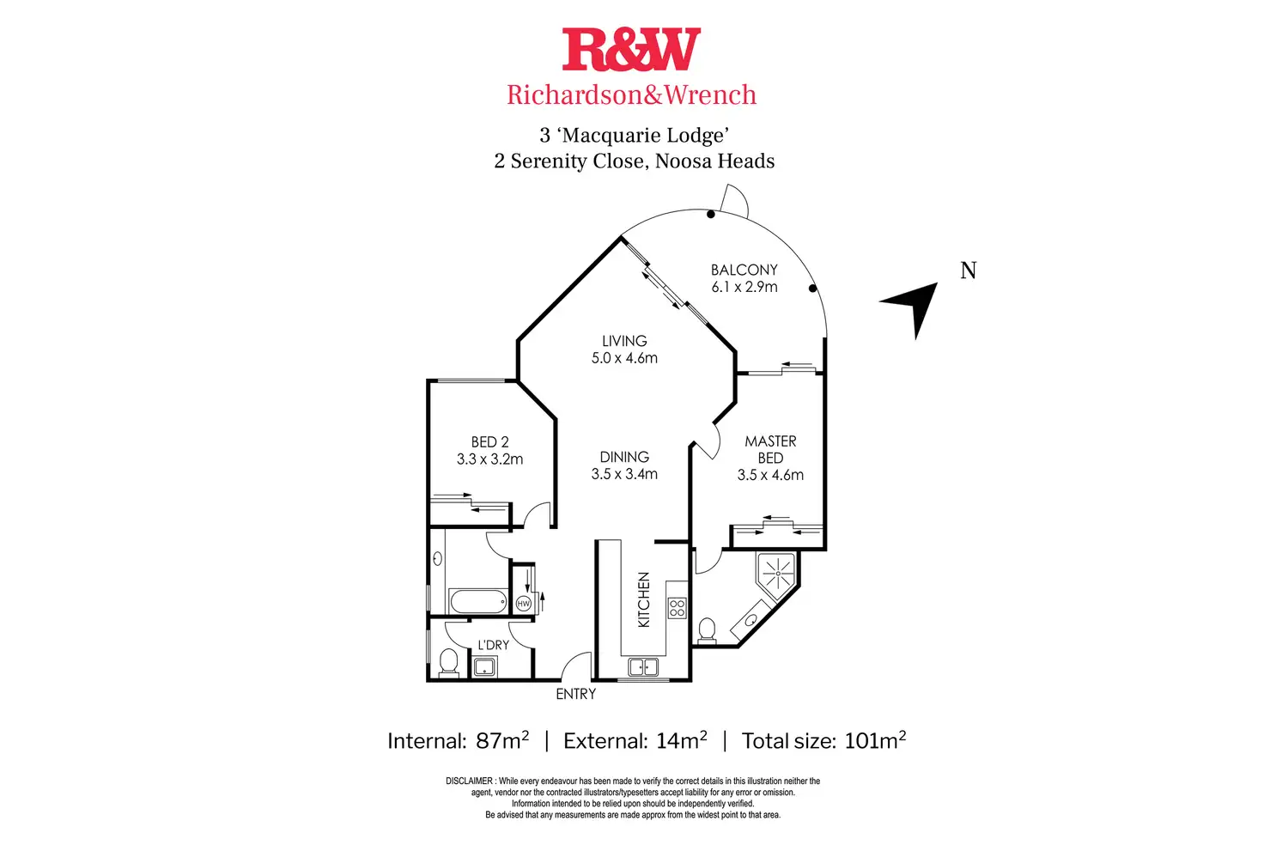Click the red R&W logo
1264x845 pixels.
[631, 50]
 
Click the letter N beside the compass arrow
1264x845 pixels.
[968, 271]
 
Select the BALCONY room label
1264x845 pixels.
[744, 270]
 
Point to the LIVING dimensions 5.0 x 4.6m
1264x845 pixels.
[624, 358]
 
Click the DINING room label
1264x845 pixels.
[624, 457]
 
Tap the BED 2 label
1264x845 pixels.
[489, 441]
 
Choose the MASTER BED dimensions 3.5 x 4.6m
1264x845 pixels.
[770, 475]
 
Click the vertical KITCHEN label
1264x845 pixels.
[644, 599]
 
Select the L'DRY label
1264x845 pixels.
[493, 645]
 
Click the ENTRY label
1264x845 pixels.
[575, 694]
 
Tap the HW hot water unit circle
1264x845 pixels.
[523, 604]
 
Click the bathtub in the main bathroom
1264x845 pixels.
[478, 602]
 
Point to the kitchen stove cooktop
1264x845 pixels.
[677, 608]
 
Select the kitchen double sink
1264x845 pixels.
[643, 666]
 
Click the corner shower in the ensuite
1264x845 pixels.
[775, 574]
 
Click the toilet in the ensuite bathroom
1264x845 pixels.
[707, 629]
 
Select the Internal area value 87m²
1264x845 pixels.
[502, 740]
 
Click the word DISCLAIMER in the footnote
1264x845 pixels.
[469, 781]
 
